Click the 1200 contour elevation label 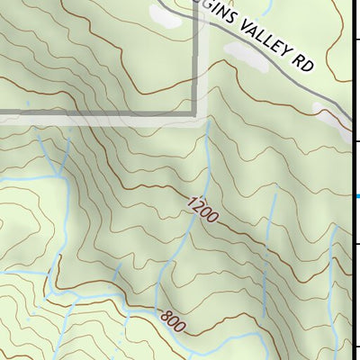202,211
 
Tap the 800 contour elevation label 173,320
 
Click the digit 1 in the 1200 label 192,202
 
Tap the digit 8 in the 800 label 164,315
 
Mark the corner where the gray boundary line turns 197,114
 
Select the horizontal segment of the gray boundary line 90,114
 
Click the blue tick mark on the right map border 357,196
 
